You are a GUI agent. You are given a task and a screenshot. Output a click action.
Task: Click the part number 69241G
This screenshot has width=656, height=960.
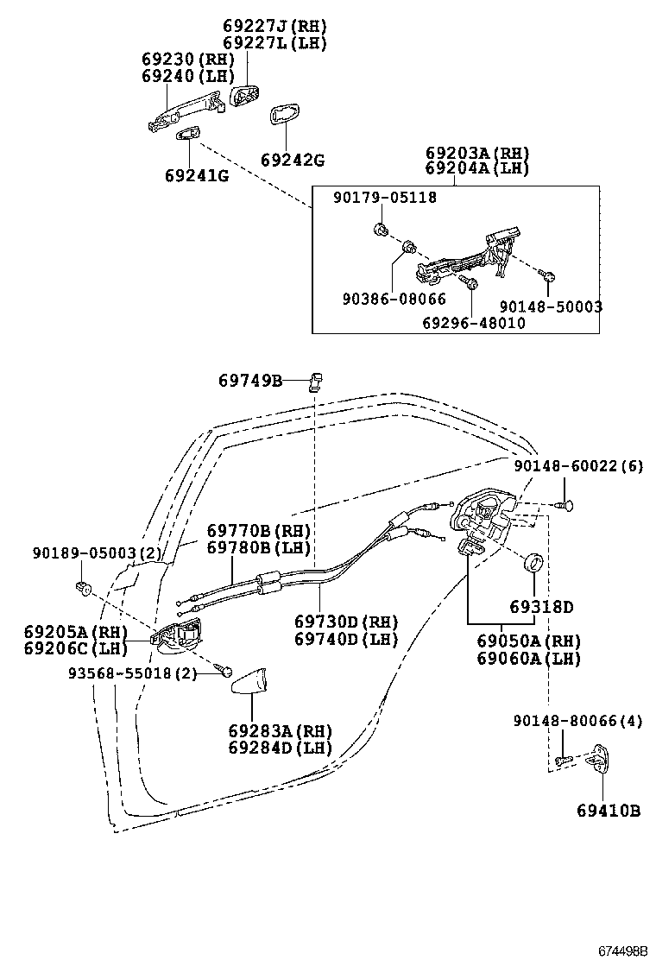[x=196, y=176]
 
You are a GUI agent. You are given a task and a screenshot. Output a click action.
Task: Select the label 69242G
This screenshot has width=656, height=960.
[x=293, y=160]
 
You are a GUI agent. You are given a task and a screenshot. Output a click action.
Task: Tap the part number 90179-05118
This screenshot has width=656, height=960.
[x=385, y=198]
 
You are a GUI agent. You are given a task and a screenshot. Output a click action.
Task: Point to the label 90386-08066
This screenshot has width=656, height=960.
[x=394, y=299]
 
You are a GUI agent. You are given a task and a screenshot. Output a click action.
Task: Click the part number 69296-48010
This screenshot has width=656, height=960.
[x=473, y=323]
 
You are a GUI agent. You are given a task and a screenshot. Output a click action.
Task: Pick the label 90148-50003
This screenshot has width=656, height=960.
[x=551, y=306]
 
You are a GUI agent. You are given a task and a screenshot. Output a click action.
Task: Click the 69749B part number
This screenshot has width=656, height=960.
[x=250, y=380]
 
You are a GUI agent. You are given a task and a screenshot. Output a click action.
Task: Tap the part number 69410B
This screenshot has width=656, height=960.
[x=609, y=811]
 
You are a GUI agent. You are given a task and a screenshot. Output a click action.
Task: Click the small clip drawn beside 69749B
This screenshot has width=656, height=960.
[x=316, y=380]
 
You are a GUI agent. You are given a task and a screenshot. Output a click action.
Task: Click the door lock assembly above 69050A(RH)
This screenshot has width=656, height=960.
[x=482, y=521]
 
